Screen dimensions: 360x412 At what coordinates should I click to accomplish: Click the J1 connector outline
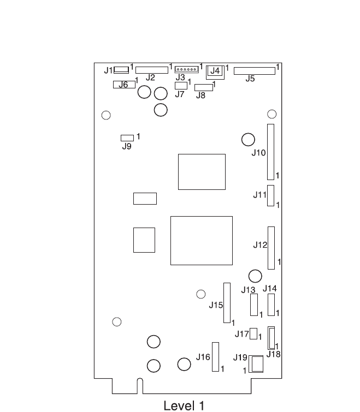(121, 70)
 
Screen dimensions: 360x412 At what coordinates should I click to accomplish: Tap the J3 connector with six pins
(187, 69)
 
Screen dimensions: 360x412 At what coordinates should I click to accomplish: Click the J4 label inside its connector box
(215, 71)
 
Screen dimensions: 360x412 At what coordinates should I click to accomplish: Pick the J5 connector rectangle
(255, 70)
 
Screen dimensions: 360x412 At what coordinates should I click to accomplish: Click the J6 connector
(124, 85)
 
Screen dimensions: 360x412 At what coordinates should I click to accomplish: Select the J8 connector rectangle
(204, 87)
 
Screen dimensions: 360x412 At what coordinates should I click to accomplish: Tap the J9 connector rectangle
(127, 138)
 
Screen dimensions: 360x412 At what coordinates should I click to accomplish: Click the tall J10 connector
(270, 152)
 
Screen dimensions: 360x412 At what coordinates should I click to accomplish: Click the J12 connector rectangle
(271, 248)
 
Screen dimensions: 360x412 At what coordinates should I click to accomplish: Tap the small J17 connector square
(253, 333)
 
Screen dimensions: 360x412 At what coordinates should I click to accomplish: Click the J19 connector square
(256, 364)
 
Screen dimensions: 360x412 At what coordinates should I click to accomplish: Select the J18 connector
(272, 338)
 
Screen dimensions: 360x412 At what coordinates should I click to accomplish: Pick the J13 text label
(249, 289)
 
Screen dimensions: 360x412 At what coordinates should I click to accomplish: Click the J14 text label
(270, 289)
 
